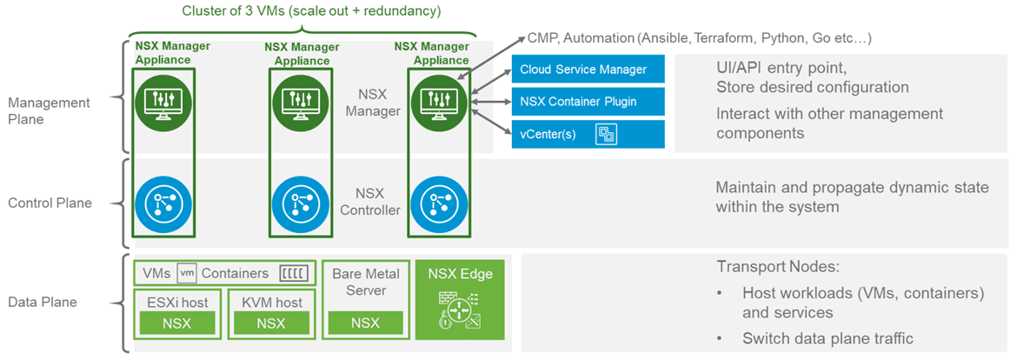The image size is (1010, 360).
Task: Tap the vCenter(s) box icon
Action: tap(605, 134)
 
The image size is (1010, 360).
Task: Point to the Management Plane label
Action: tap(49, 110)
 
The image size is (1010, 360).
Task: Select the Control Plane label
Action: tap(50, 203)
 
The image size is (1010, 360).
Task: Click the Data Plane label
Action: tap(43, 303)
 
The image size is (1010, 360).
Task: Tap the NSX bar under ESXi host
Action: tap(178, 323)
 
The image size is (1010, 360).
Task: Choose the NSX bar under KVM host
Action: tap(270, 323)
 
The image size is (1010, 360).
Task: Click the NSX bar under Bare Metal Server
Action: tap(365, 323)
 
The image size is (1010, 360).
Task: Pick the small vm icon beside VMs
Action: tap(187, 273)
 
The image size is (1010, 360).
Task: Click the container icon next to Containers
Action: tap(293, 273)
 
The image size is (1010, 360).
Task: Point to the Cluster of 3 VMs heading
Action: tap(311, 11)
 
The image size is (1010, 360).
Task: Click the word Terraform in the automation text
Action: tap(721, 38)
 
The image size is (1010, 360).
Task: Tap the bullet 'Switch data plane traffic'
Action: tap(827, 338)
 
